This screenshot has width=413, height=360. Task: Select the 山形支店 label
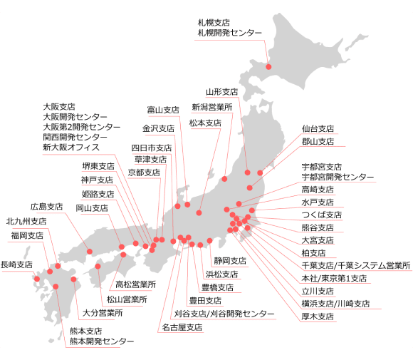pos(222,92)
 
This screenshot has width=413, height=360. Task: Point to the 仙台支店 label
pos(318,130)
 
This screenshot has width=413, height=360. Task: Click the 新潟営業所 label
pos(212,107)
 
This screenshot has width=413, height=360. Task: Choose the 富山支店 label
pos(163,110)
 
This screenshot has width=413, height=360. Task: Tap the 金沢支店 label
pos(158,129)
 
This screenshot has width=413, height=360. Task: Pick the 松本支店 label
pos(205,123)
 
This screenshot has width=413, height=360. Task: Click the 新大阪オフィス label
pos(70,147)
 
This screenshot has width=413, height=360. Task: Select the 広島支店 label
pos(48,206)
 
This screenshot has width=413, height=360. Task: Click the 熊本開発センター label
pos(101,341)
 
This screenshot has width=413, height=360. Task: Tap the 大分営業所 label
pos(103,312)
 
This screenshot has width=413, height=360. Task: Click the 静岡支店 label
pos(230,261)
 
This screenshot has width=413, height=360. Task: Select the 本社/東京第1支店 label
pos(334,278)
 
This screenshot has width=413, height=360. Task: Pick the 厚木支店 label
pos(318,316)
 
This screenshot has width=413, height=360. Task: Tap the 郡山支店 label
pos(318,142)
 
